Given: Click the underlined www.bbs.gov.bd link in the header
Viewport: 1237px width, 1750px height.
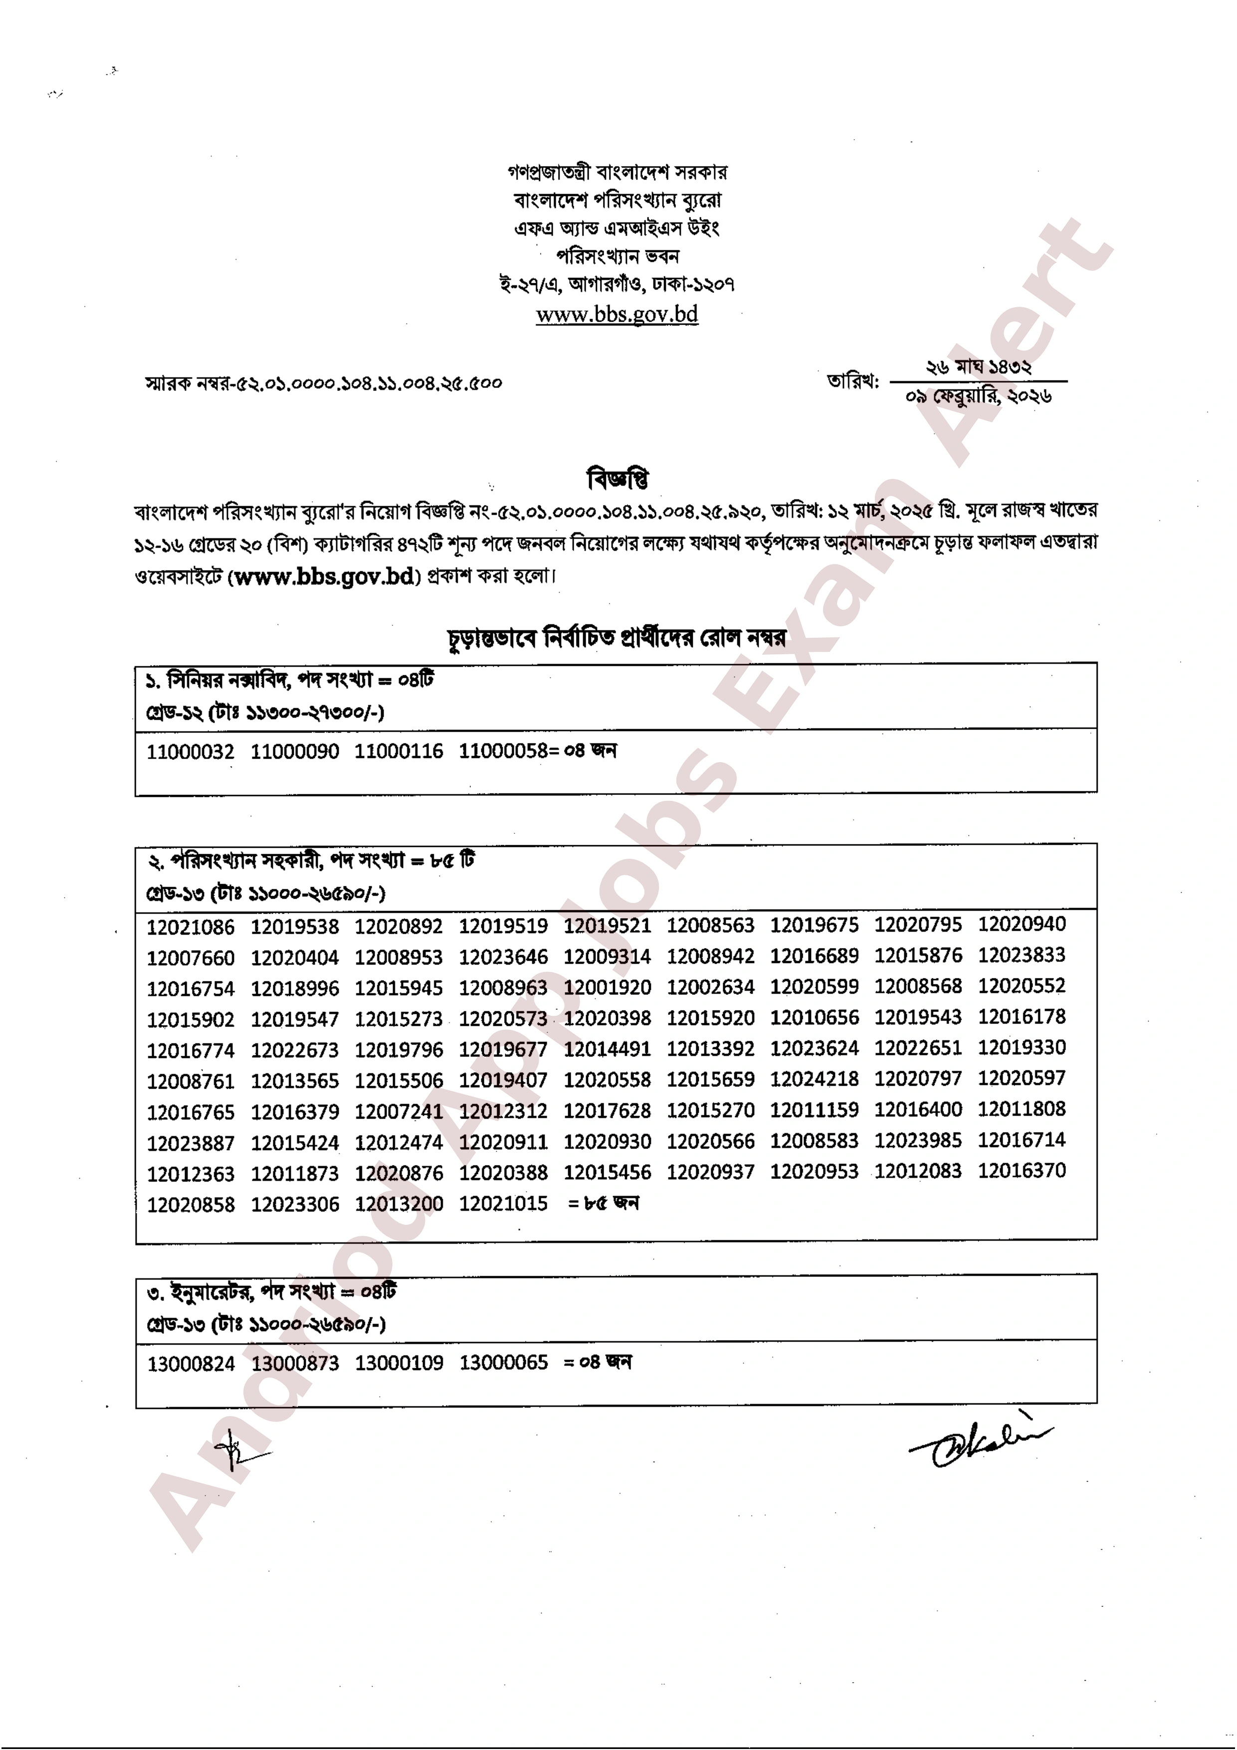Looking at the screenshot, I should click(x=617, y=314).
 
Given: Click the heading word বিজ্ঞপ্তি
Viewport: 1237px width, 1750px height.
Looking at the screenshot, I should click(x=618, y=479).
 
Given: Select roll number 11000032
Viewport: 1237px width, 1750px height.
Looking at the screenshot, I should click(x=191, y=752).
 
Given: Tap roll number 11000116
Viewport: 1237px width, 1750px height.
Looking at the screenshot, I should click(x=399, y=752).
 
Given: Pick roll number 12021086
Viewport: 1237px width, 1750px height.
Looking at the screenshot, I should click(x=191, y=927).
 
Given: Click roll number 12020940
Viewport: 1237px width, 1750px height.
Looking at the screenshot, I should click(x=1022, y=925).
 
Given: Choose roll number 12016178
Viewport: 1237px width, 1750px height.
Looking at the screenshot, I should click(x=1022, y=1017).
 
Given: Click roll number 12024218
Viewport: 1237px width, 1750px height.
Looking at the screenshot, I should click(x=814, y=1079).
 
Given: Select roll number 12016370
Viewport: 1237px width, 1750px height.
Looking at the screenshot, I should click(x=1022, y=1170).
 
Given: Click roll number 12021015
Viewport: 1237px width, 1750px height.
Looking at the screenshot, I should click(x=503, y=1203).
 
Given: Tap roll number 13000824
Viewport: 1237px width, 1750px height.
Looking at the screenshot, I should click(x=191, y=1363).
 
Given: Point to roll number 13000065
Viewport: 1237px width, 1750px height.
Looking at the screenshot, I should click(x=503, y=1363).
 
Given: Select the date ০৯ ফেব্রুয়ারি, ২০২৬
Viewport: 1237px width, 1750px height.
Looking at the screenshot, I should click(x=979, y=395).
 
